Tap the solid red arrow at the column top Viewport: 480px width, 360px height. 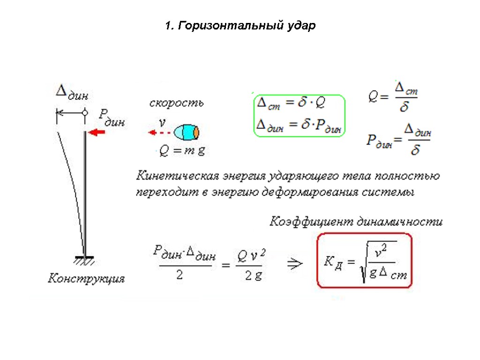click(97, 133)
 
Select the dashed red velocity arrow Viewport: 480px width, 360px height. click(158, 133)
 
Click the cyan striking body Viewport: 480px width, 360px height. click(186, 133)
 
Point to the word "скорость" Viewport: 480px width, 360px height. click(176, 103)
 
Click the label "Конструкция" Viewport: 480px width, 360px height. click(87, 278)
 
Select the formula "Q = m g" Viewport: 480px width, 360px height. click(182, 151)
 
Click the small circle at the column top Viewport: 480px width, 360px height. click(84, 112)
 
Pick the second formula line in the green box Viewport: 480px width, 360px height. click(299, 125)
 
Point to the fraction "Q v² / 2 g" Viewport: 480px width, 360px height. click(252, 265)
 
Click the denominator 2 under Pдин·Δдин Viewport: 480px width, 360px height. click(179, 276)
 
